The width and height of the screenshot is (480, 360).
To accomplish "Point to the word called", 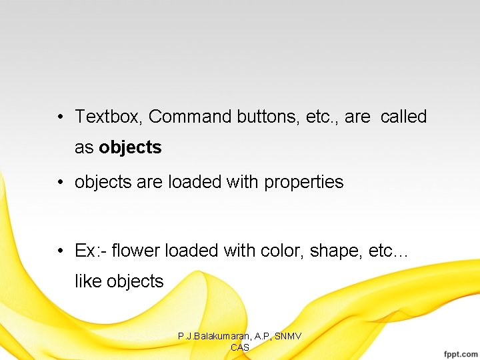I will coord(403,117).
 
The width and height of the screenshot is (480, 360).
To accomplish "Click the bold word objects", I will coord(130,147).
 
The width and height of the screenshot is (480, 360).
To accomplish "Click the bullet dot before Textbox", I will coord(60,117).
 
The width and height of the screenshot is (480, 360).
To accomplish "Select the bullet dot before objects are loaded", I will coord(60,182).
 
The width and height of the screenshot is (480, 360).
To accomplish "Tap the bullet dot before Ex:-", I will coord(60,251).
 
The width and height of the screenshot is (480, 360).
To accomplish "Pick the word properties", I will coord(304,182).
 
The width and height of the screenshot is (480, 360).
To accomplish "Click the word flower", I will coord(136,251).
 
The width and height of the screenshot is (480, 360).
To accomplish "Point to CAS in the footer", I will coord(240,347).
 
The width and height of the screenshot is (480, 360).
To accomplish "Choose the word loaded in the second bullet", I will coord(190,182).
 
